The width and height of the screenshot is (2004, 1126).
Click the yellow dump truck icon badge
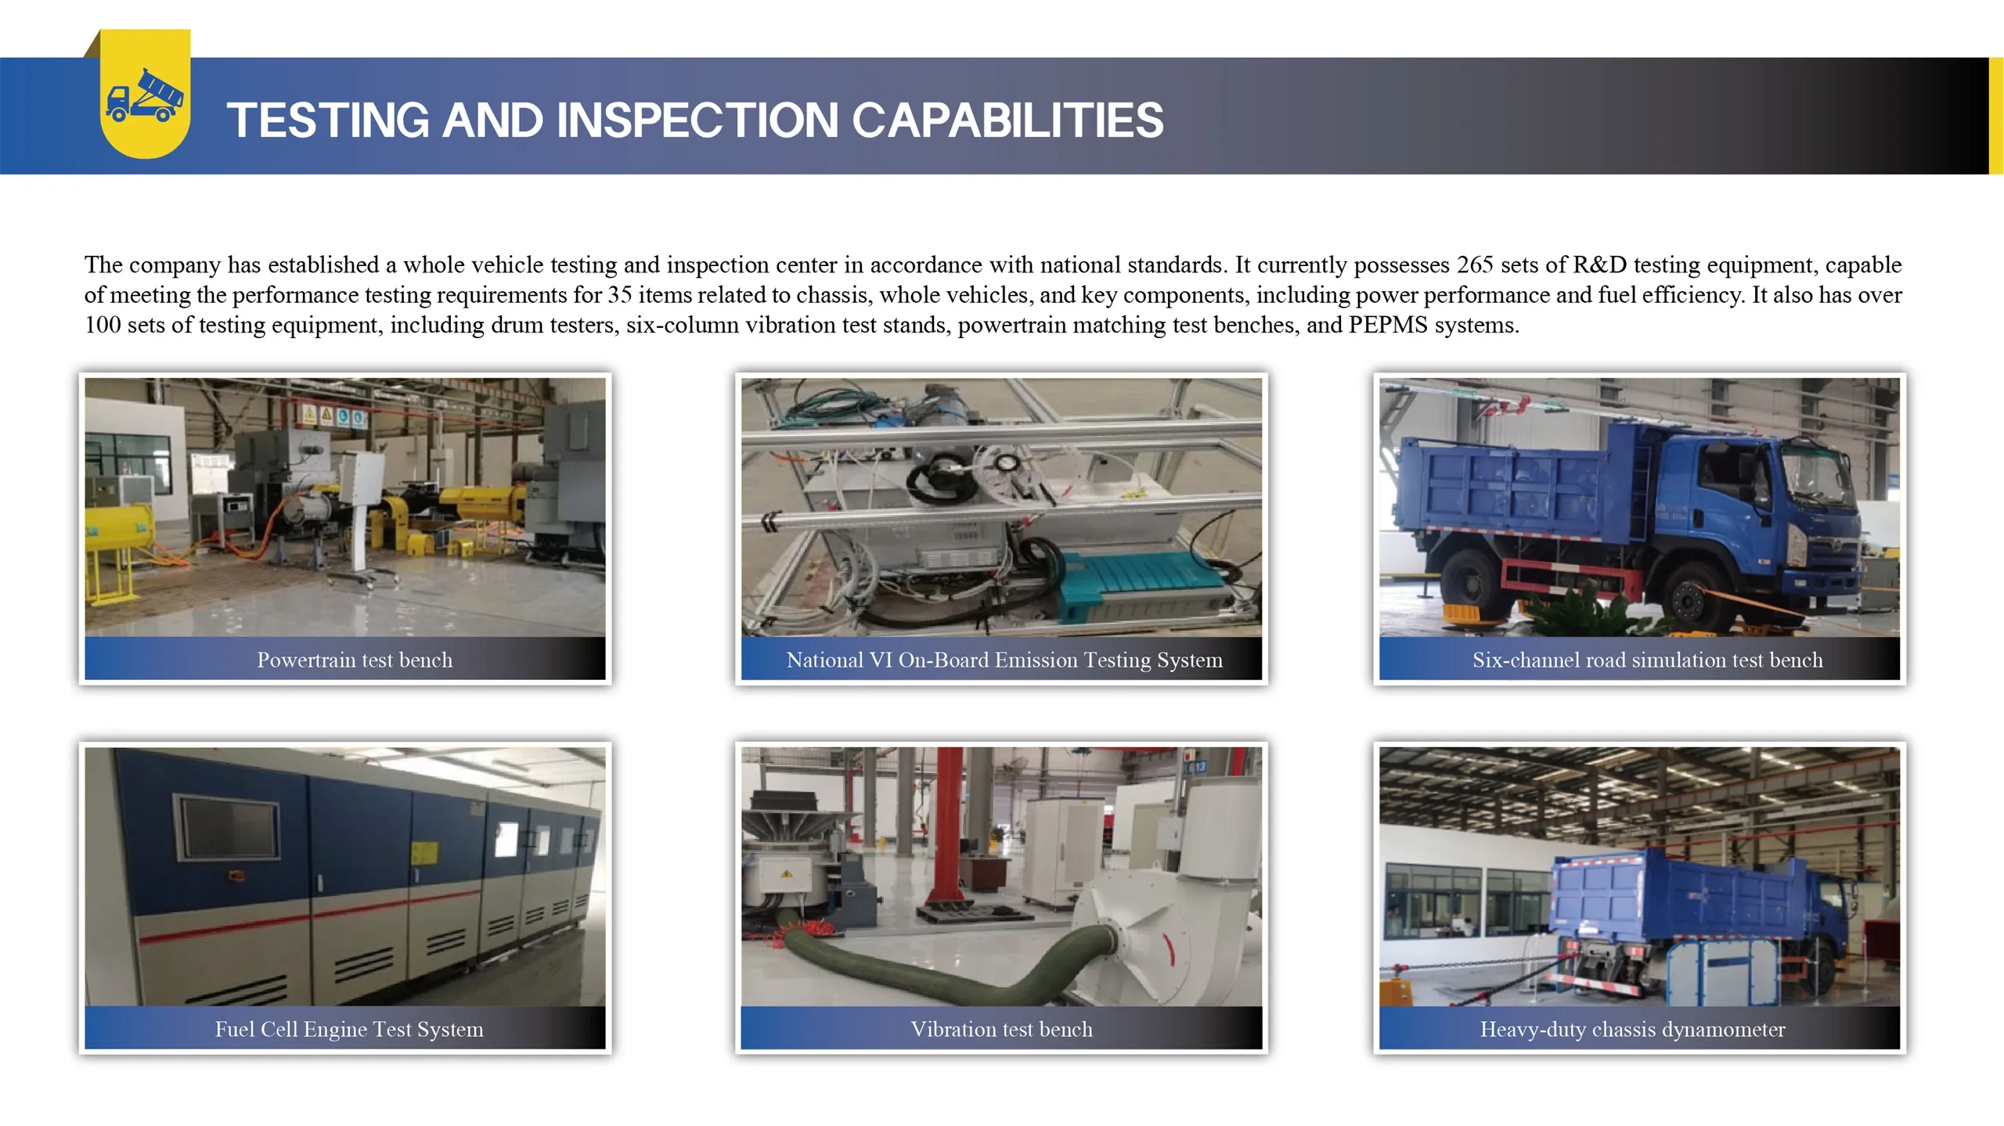(146, 94)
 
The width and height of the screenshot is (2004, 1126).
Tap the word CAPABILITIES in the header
(1007, 121)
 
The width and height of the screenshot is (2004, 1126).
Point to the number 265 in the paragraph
(1475, 264)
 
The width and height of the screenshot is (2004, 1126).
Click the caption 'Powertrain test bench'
(355, 660)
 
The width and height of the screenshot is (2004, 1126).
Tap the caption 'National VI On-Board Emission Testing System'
(1004, 660)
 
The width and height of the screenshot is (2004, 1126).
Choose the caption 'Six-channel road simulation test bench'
(1648, 660)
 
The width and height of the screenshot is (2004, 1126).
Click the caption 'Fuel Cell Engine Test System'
(349, 1029)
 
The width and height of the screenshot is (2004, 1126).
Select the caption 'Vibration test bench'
(1001, 1029)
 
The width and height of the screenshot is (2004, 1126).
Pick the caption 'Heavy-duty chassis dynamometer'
(1632, 1029)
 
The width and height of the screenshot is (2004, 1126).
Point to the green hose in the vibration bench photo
(939, 959)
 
